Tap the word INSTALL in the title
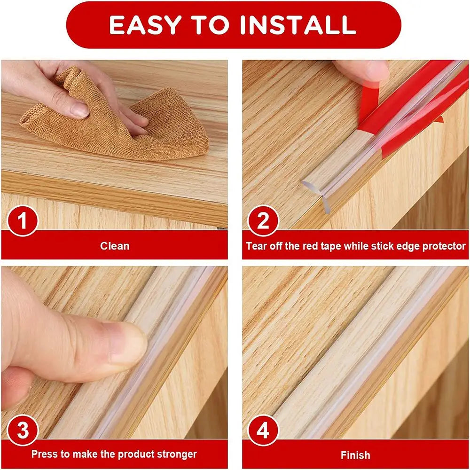click(298, 25)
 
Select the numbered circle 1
click(22, 220)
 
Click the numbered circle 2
click(263, 220)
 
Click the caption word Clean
click(115, 246)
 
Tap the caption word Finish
click(355, 455)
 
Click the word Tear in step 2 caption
click(256, 246)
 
